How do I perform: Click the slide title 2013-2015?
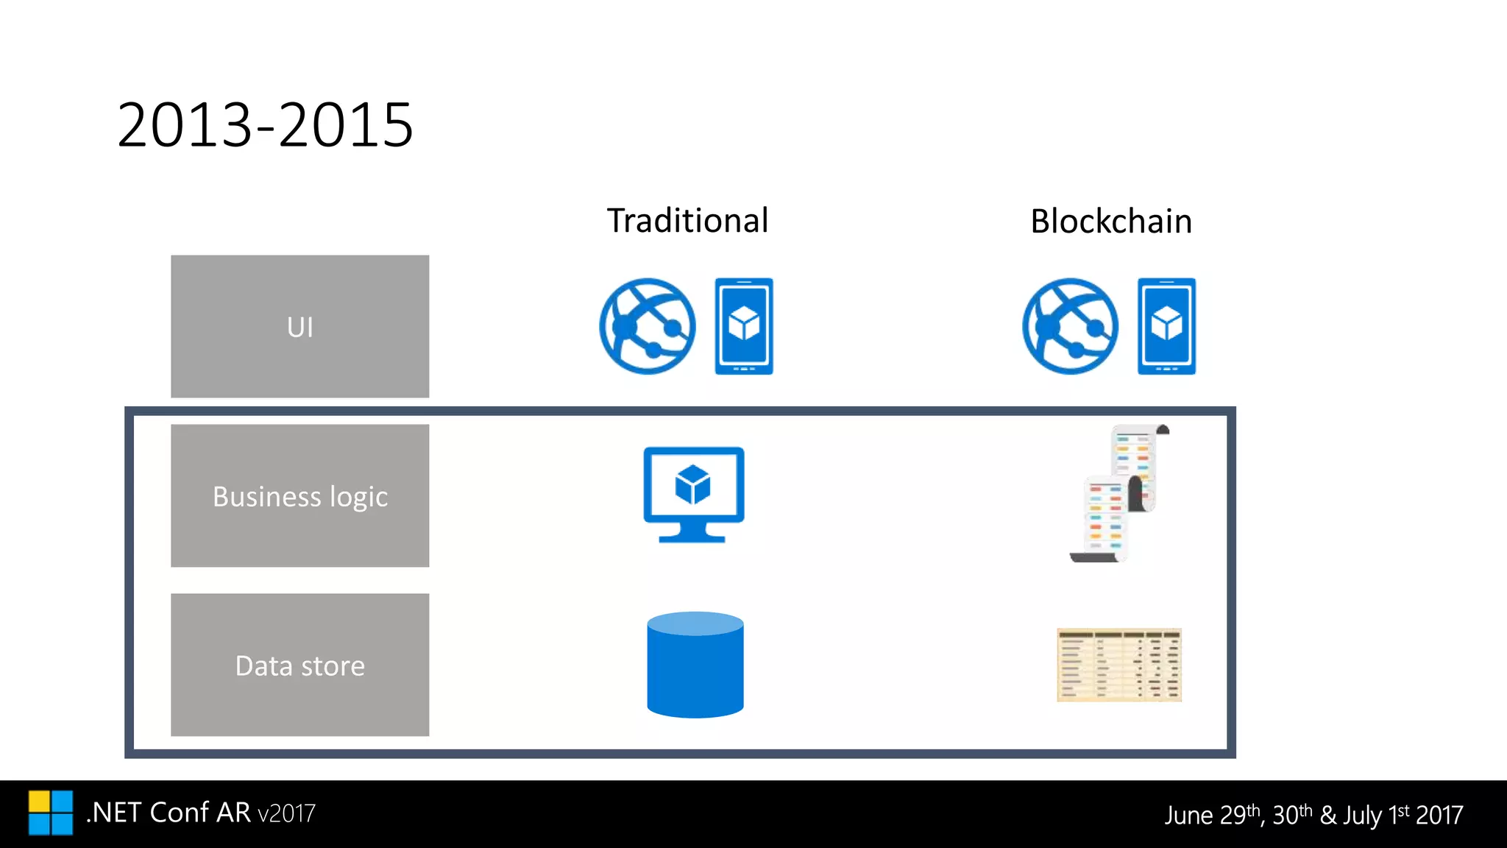(x=265, y=125)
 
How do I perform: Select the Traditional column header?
(x=687, y=221)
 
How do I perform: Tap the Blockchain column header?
(x=1110, y=222)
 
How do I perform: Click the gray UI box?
(x=299, y=326)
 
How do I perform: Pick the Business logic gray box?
(x=299, y=495)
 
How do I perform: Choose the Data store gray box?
(x=299, y=665)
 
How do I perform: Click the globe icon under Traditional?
(x=647, y=326)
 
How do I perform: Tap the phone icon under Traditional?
(x=744, y=326)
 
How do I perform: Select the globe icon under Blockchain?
(x=1070, y=326)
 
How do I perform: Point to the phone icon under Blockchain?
(x=1166, y=326)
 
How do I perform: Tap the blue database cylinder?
(x=695, y=665)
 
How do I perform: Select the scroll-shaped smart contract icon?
(x=1118, y=493)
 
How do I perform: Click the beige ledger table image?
(x=1118, y=665)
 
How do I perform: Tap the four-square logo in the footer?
(x=51, y=813)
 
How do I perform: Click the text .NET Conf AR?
(x=168, y=813)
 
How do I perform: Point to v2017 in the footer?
(x=286, y=814)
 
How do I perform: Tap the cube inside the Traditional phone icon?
(x=744, y=324)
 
